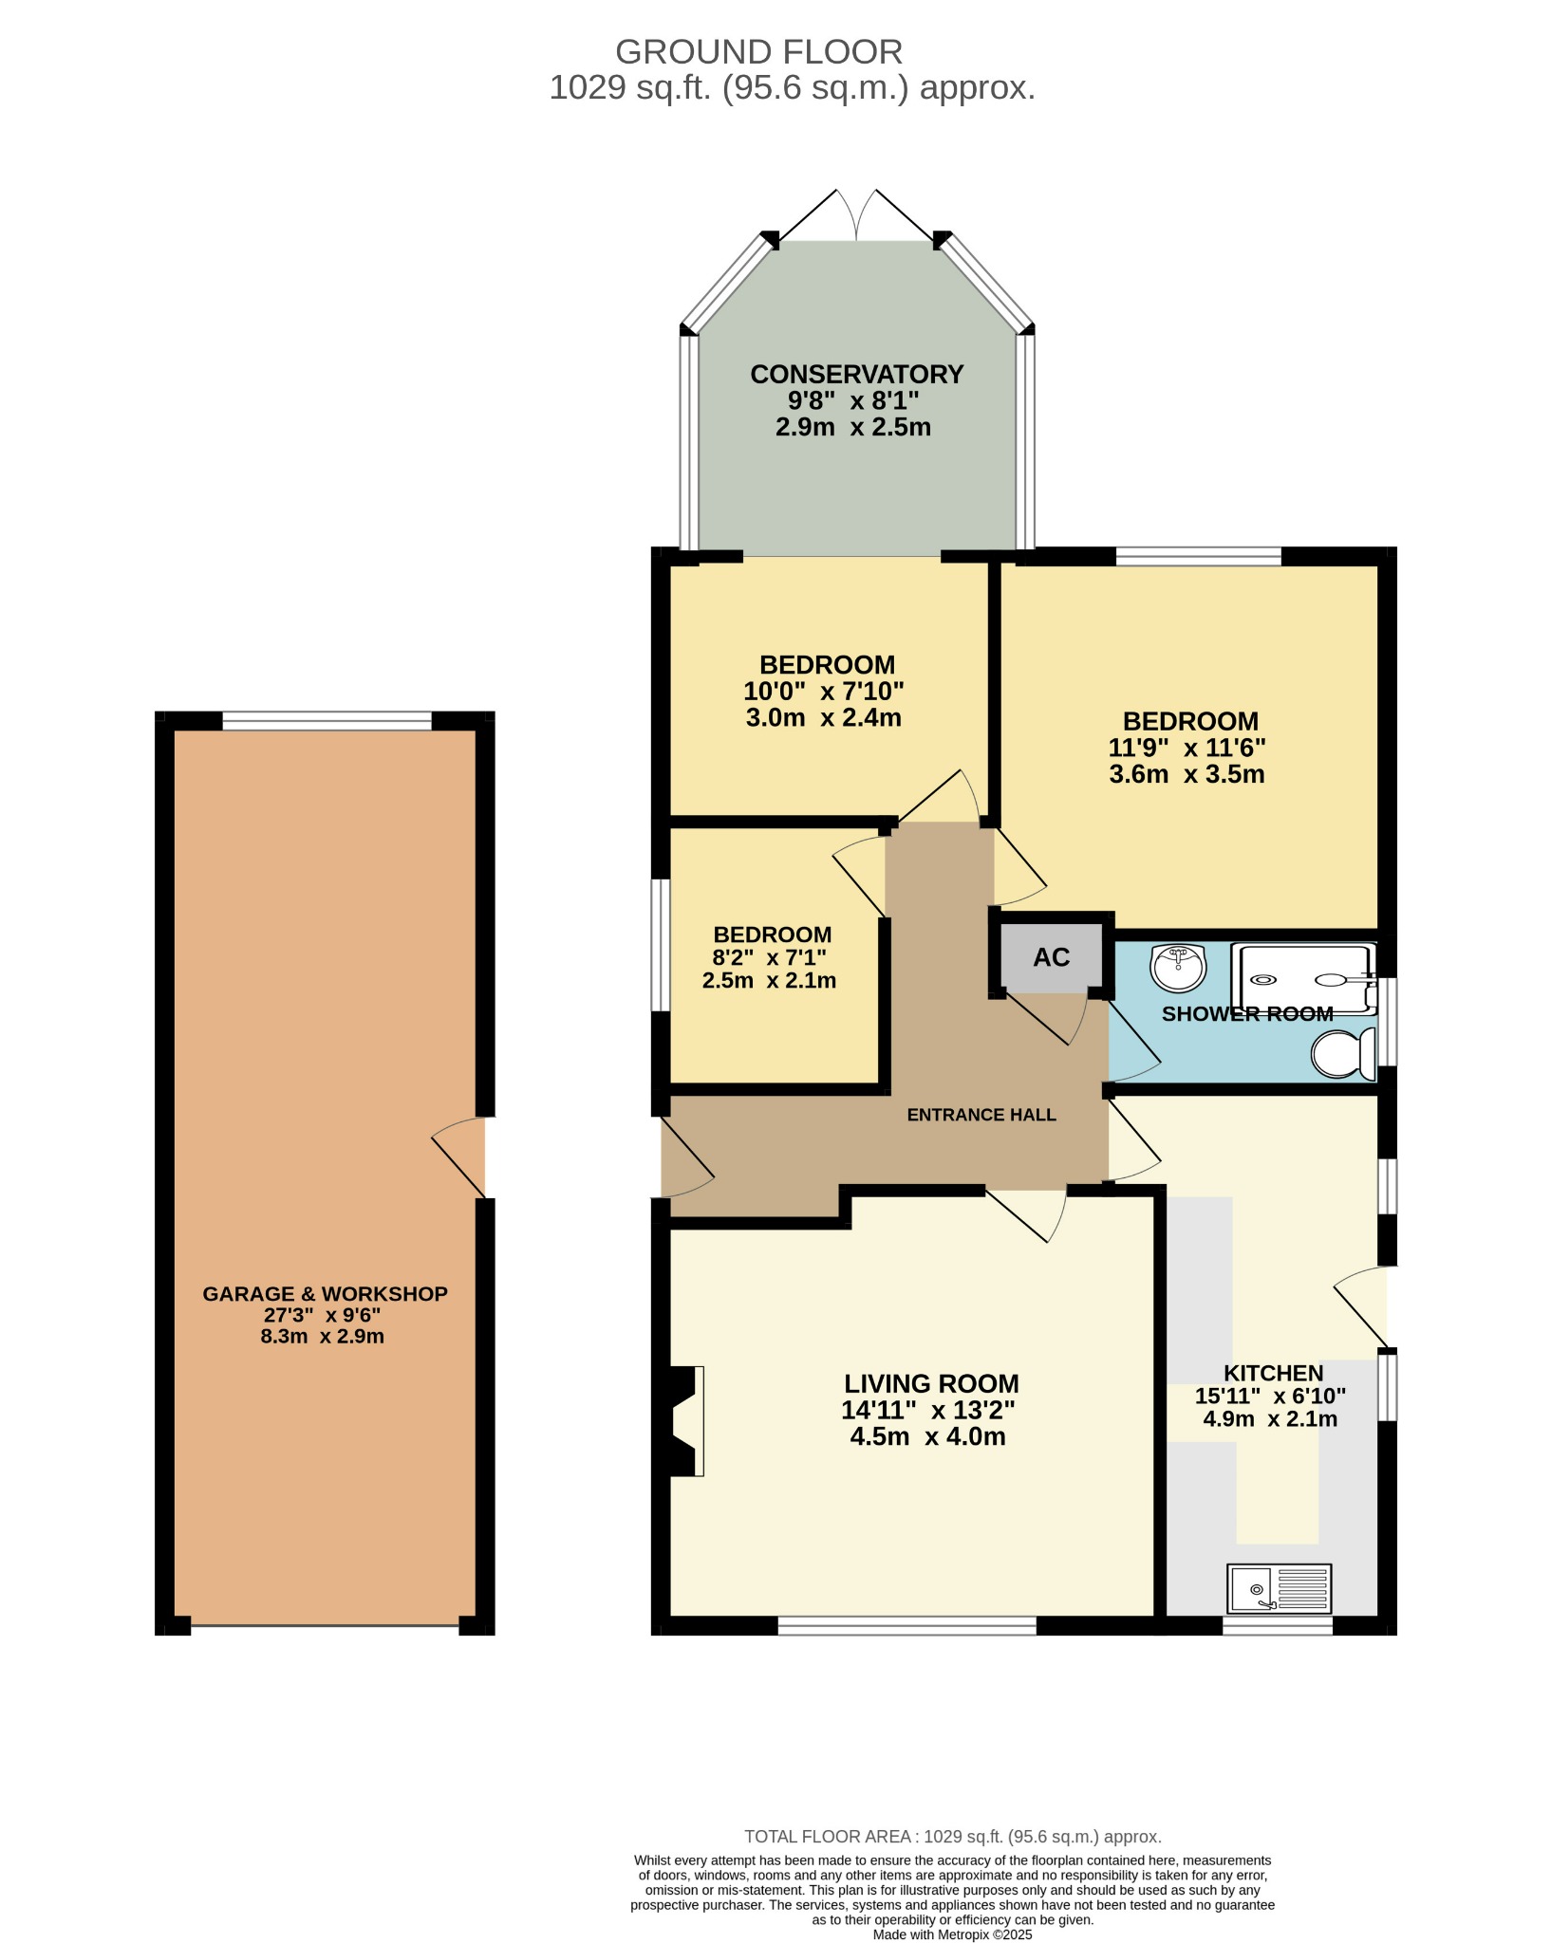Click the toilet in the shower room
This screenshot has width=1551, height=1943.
tap(1344, 1053)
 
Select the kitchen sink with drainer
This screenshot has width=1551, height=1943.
tap(1280, 1589)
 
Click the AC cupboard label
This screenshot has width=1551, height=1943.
tap(1052, 957)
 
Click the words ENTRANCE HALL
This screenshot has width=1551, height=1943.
tap(981, 1115)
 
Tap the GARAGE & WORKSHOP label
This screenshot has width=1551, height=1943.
tap(325, 1294)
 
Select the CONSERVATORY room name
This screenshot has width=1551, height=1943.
tap(857, 375)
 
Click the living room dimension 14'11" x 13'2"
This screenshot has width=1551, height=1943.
tap(928, 1411)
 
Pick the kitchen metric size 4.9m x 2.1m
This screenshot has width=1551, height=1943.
tap(1270, 1419)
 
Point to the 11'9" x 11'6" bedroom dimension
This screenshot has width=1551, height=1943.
tap(1187, 748)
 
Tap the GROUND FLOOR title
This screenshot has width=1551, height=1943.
tap(759, 51)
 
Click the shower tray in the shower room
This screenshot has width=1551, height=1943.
tap(1303, 977)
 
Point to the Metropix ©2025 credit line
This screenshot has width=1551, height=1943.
tap(952, 1934)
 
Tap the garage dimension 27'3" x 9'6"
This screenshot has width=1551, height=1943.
tap(323, 1315)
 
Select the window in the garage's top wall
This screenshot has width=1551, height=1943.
tap(327, 721)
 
